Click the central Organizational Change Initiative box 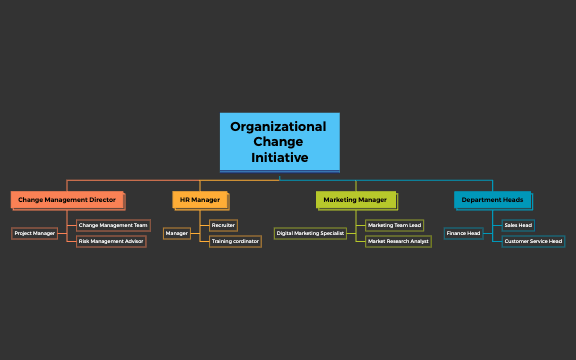click(x=279, y=141)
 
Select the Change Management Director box click(x=67, y=200)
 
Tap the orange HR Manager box click(x=200, y=200)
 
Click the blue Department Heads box click(x=492, y=200)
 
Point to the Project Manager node click(x=35, y=233)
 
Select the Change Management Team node click(x=113, y=225)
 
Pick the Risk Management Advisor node click(x=112, y=241)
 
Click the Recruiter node click(x=224, y=225)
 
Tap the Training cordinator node click(x=235, y=241)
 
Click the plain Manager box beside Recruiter click(x=177, y=233)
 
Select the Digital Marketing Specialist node click(x=310, y=233)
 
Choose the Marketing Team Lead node click(x=395, y=225)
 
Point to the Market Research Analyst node click(x=398, y=241)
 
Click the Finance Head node click(x=464, y=233)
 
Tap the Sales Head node click(x=518, y=225)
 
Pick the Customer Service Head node click(x=533, y=241)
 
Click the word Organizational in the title click(x=278, y=127)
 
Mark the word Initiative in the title click(x=279, y=158)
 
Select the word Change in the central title click(x=278, y=142)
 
